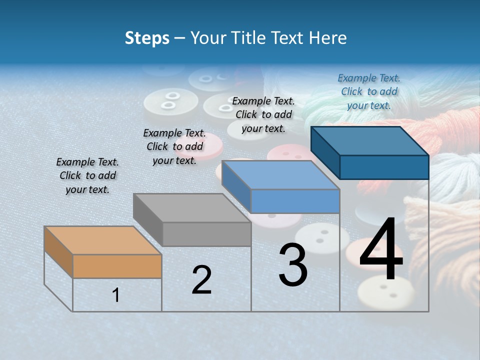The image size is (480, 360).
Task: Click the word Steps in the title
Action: (x=147, y=38)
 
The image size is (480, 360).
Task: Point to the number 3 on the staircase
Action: (x=293, y=265)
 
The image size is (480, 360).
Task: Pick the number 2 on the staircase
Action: (x=201, y=280)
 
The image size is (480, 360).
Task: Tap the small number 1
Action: (x=116, y=295)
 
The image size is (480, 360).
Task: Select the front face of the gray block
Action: (x=207, y=234)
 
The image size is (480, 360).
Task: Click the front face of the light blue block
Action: (x=295, y=201)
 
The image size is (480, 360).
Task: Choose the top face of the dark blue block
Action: (x=370, y=140)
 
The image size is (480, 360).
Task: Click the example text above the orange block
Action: (x=87, y=176)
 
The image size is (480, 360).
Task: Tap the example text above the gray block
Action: (x=174, y=146)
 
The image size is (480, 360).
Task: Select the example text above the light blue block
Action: (x=263, y=114)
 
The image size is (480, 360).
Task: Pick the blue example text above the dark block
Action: (x=369, y=91)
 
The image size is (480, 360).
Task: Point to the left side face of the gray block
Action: (x=148, y=219)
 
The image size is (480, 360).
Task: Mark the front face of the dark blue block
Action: (x=384, y=167)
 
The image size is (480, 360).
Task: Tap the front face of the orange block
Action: (x=117, y=266)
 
